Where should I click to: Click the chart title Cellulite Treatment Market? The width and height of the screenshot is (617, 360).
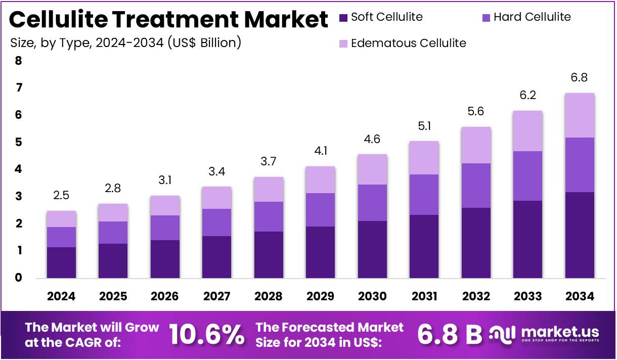(169, 20)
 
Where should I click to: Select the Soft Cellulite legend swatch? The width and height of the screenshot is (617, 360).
(344, 18)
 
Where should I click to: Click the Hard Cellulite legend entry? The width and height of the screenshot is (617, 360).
(532, 17)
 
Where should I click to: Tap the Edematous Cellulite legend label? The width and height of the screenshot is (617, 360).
(408, 43)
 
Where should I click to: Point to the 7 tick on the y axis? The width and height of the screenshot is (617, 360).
(19, 88)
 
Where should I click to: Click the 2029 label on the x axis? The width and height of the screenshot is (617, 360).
(320, 296)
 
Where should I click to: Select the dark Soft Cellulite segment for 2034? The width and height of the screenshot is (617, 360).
(580, 235)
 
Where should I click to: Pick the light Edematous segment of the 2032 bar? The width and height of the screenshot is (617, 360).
(475, 145)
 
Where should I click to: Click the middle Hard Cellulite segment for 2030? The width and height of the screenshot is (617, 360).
(372, 203)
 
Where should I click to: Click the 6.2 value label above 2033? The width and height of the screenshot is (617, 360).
(527, 96)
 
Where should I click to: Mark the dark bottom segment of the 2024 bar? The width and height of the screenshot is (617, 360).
(61, 262)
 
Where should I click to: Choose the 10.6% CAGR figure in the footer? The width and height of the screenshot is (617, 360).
(206, 334)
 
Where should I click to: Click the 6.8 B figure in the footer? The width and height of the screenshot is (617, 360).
(450, 334)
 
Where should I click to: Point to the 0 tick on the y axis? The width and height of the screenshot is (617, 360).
(19, 278)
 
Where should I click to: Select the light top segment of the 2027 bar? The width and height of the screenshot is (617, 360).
(216, 198)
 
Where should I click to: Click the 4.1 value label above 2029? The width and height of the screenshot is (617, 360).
(320, 151)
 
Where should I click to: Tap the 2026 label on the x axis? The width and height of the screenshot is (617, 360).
(165, 296)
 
